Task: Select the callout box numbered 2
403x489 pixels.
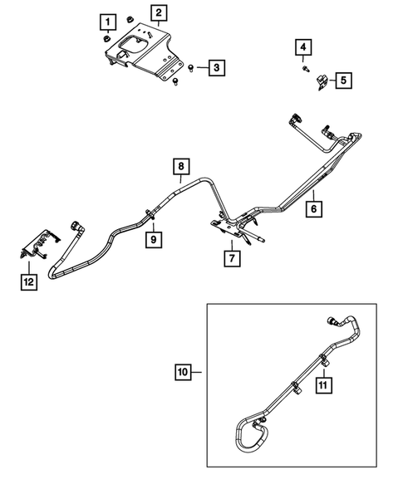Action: (158, 12)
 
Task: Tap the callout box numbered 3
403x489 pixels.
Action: (215, 67)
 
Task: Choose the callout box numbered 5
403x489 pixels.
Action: (343, 81)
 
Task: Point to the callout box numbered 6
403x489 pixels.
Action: (315, 211)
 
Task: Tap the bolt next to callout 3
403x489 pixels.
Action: (192, 66)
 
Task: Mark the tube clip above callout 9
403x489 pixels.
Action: (150, 215)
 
